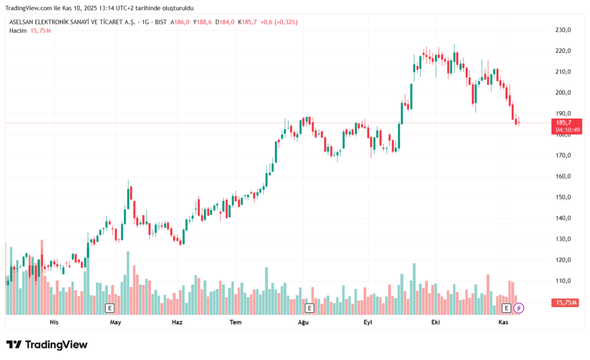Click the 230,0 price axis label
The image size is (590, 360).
pyautogui.click(x=563, y=30)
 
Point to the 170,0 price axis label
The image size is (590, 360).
pyautogui.click(x=563, y=156)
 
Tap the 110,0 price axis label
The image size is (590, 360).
pyautogui.click(x=563, y=281)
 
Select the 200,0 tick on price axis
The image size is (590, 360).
pyautogui.click(x=563, y=93)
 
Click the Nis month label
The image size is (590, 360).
pyautogui.click(x=54, y=323)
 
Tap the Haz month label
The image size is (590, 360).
pyautogui.click(x=177, y=323)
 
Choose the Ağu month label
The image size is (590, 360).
pyautogui.click(x=303, y=323)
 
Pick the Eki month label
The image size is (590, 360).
pyautogui.click(x=436, y=323)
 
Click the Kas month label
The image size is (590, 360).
pyautogui.click(x=503, y=323)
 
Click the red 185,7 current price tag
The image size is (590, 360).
pyautogui.click(x=564, y=123)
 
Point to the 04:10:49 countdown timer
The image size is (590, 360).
pyautogui.click(x=568, y=130)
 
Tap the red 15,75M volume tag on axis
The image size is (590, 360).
pyautogui.click(x=566, y=302)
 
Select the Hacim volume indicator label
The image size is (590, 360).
pyautogui.click(x=18, y=31)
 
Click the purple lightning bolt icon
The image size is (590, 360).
pyautogui.click(x=519, y=308)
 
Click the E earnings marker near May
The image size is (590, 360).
pyautogui.click(x=109, y=308)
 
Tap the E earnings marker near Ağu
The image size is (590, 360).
pyautogui.click(x=309, y=308)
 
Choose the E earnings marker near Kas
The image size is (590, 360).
pyautogui.click(x=506, y=308)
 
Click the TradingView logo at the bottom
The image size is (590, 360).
pyautogui.click(x=47, y=344)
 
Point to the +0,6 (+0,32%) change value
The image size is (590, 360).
pyautogui.click(x=279, y=22)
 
